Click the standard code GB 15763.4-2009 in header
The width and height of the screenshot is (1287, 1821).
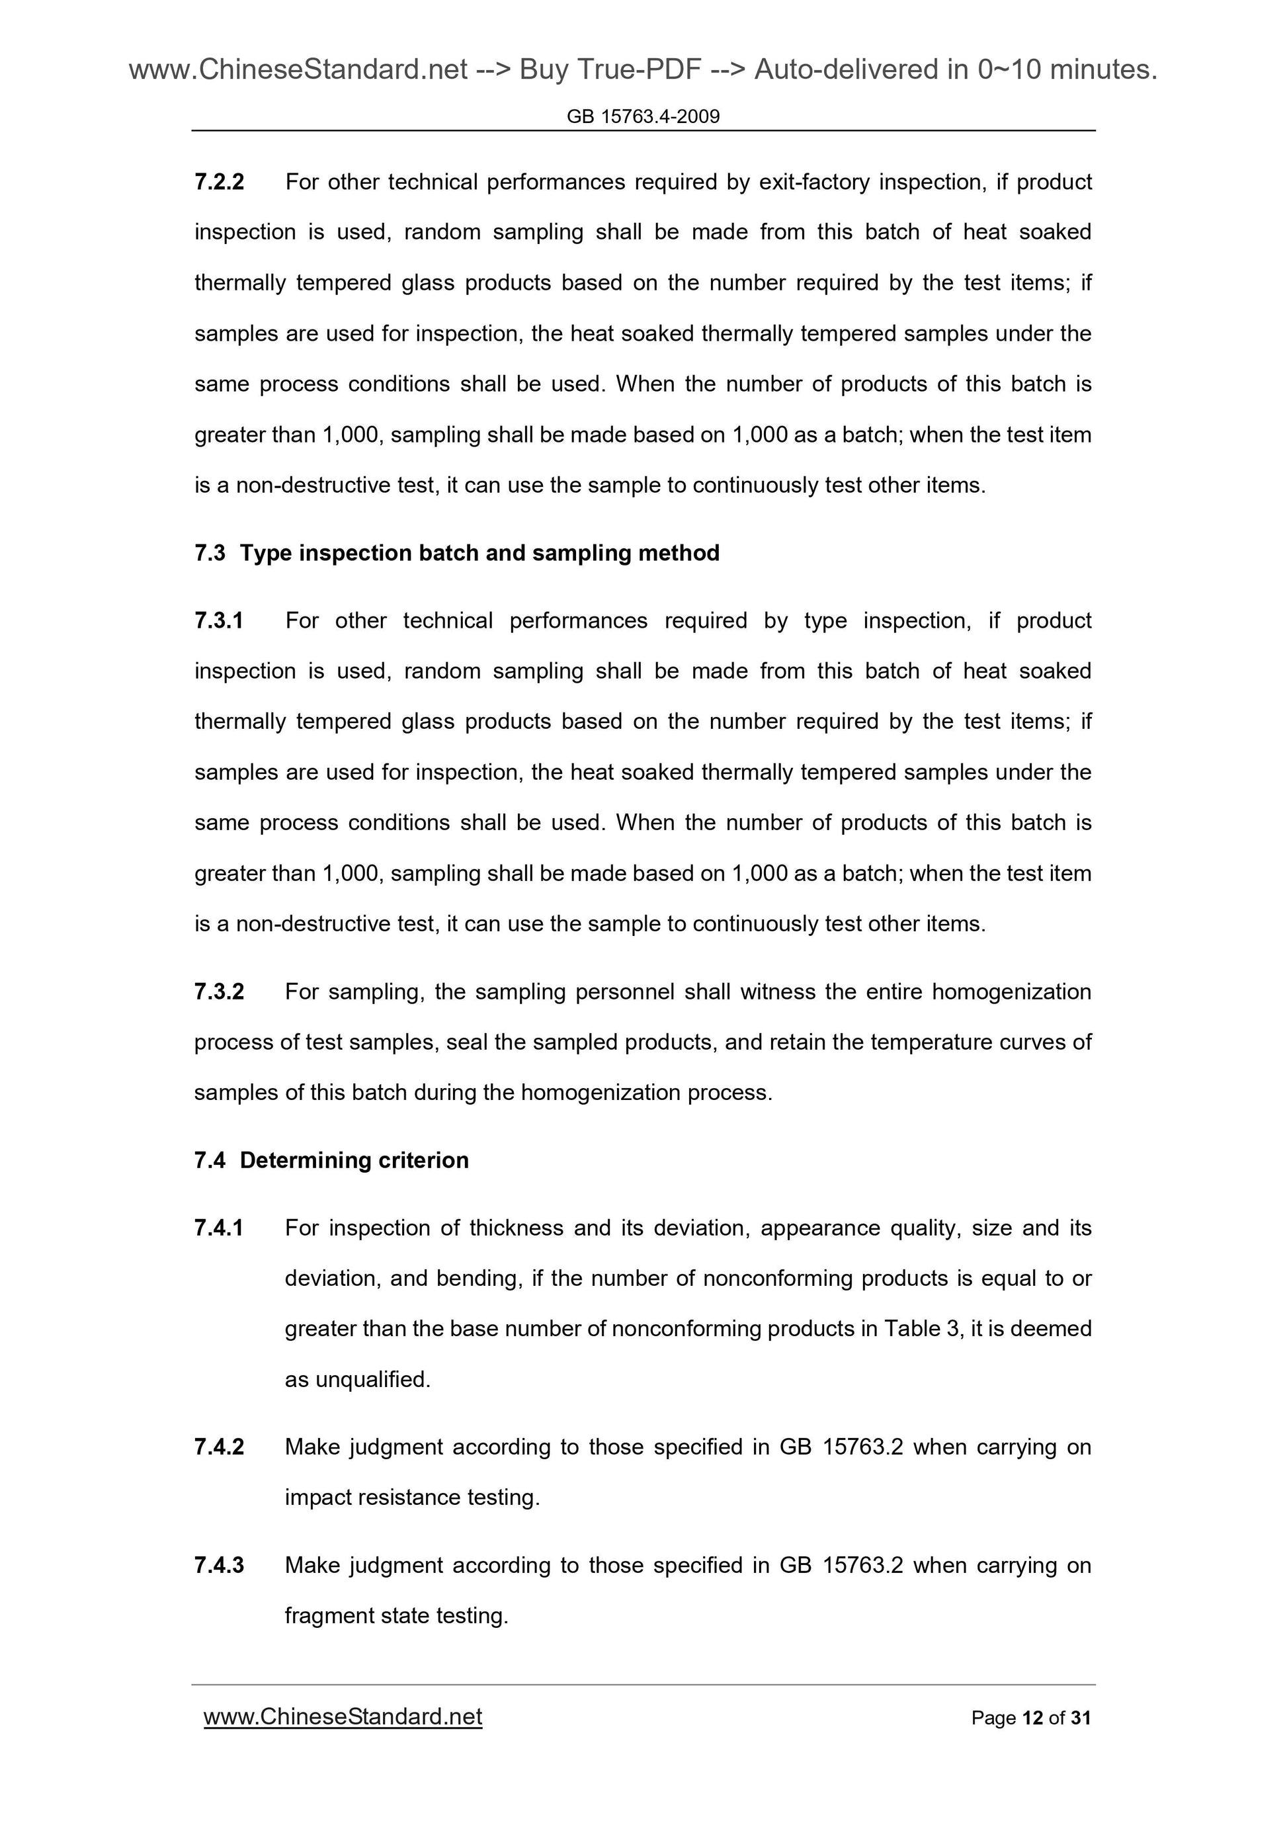643,116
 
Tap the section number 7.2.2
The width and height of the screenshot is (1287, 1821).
219,183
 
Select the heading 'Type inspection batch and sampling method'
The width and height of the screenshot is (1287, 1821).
479,553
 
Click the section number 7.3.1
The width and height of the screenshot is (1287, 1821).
219,620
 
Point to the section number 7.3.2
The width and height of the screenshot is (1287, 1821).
219,992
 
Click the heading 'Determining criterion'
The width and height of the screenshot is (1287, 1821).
354,1160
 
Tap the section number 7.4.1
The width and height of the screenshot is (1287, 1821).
219,1228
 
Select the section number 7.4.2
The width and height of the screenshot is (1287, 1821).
219,1447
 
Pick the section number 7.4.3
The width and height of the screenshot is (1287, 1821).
219,1565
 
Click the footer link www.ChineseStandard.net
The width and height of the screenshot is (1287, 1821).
343,1717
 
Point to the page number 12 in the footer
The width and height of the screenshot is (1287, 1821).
1032,1718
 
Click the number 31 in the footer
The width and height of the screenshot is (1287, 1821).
1081,1718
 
